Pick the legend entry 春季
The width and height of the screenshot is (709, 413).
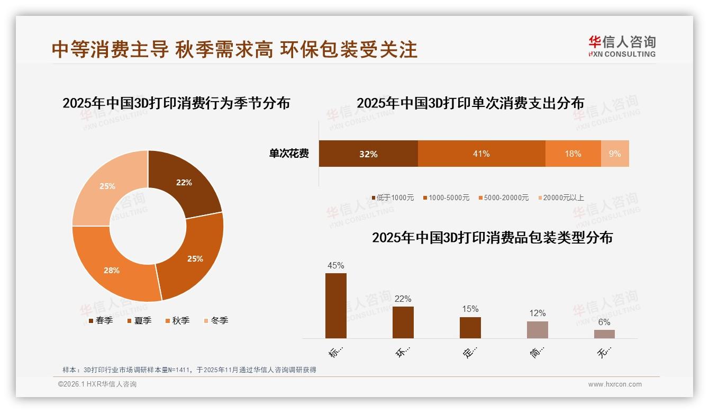click(100, 320)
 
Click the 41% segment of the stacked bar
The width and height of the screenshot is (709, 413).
click(481, 154)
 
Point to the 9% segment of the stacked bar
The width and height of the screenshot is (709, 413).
click(615, 154)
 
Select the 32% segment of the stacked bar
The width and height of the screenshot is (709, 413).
click(368, 154)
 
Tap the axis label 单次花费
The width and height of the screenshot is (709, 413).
click(289, 154)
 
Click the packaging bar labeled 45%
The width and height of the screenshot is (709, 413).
click(336, 306)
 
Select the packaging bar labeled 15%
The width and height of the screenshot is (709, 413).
click(470, 327)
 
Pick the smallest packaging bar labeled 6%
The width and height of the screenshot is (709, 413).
click(604, 334)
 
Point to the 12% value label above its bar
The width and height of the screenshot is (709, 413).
click(537, 313)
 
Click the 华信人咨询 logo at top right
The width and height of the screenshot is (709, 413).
click(622, 46)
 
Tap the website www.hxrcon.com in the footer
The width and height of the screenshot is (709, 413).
click(615, 384)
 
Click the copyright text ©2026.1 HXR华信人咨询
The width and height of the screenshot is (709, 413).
click(97, 384)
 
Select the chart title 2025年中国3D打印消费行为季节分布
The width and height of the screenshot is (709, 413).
click(176, 103)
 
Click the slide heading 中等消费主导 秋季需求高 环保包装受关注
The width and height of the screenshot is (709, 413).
click(234, 49)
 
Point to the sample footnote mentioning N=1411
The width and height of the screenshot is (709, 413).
click(189, 370)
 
